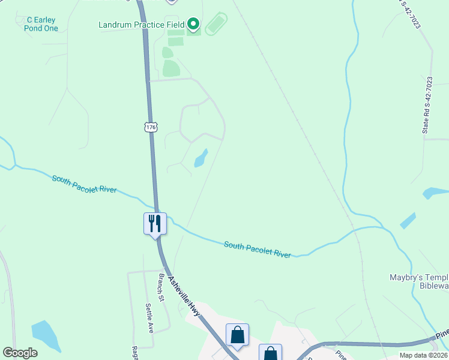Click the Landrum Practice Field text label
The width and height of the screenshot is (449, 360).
[x=141, y=25]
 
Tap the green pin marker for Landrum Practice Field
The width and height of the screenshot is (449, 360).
[x=193, y=24]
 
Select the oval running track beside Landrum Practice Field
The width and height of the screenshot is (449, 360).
[x=216, y=25]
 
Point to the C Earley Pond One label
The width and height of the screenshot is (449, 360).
[x=42, y=24]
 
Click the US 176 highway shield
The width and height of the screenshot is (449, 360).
[x=151, y=127]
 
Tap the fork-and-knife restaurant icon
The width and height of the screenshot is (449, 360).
[x=155, y=224]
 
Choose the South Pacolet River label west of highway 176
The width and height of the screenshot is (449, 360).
[x=84, y=185]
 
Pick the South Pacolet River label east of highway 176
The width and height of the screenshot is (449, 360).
[x=258, y=249]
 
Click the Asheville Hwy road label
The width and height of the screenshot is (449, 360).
[x=184, y=294]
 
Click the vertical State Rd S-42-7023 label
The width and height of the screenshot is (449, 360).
[x=427, y=104]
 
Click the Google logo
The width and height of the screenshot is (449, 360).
[x=20, y=352]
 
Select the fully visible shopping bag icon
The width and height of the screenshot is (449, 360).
[x=238, y=335]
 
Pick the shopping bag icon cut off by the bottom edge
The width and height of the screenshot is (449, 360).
[x=270, y=353]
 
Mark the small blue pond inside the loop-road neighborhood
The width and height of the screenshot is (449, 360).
[x=200, y=158]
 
